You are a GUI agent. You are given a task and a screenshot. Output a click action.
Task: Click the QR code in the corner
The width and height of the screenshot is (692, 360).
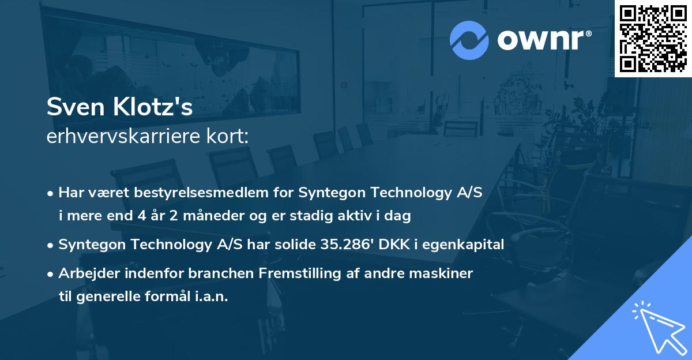point(653,39)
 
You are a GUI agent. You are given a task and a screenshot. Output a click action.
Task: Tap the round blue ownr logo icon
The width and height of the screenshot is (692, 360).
point(469,40)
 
